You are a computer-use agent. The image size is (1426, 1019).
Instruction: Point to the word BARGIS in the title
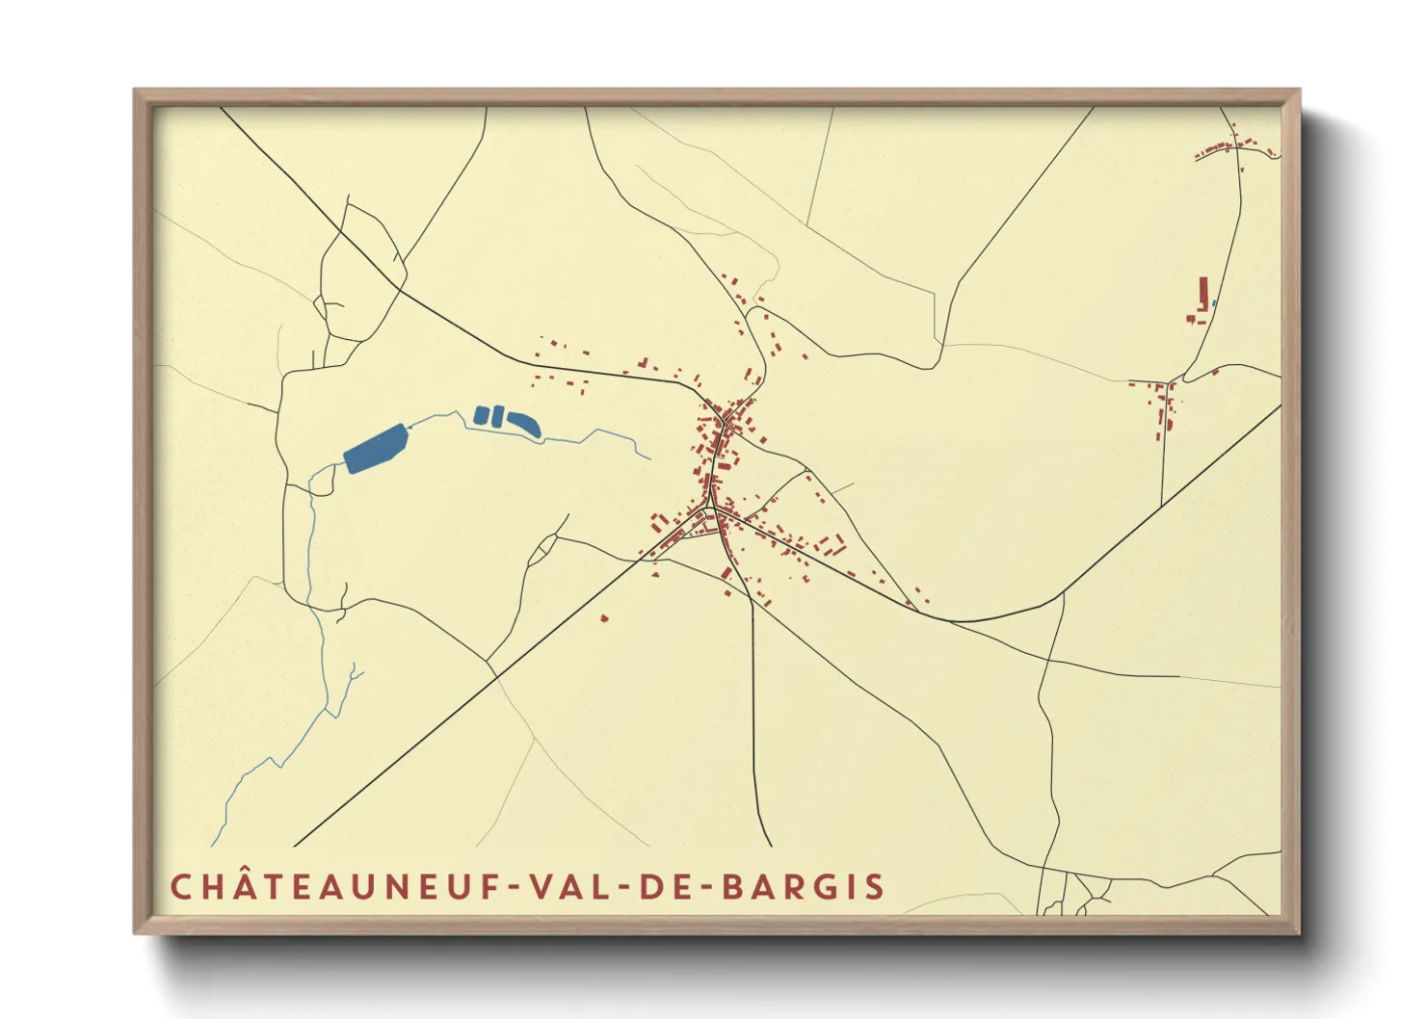(803, 887)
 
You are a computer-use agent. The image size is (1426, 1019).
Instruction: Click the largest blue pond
(377, 449)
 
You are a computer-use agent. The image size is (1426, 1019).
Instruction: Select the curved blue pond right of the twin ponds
(524, 423)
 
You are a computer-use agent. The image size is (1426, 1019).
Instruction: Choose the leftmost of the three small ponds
(481, 416)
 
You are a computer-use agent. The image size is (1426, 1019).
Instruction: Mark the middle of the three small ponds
(497, 417)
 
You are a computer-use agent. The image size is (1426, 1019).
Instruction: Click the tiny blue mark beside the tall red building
(1214, 303)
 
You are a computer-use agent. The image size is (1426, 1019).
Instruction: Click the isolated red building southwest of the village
(604, 617)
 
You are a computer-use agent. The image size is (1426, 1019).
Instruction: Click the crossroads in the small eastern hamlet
(1167, 383)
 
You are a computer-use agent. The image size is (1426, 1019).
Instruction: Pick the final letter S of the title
(875, 887)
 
